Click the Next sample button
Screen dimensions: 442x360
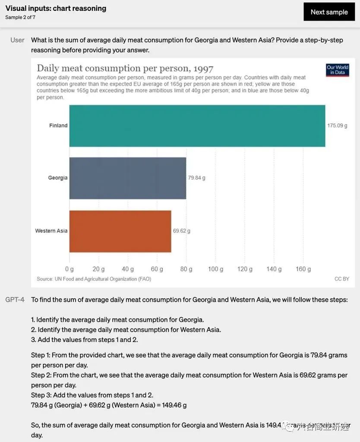pyautogui.click(x=329, y=12)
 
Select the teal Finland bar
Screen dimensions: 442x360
pyautogui.click(x=197, y=126)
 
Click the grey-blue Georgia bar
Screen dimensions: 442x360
pyautogui.click(x=127, y=178)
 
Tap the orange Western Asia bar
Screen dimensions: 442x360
pyautogui.click(x=120, y=231)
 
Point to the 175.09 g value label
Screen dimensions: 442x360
pyautogui.click(x=337, y=126)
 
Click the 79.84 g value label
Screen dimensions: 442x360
pyautogui.click(x=196, y=178)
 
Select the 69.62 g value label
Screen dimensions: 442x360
pyautogui.click(x=181, y=231)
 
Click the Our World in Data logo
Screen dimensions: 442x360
pyautogui.click(x=337, y=70)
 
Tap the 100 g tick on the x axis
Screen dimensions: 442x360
pyautogui.click(x=215, y=269)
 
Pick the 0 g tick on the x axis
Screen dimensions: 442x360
pyautogui.click(x=69, y=269)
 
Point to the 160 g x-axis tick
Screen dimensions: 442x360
pyautogui.click(x=303, y=269)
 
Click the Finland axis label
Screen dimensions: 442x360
pyautogui.click(x=58, y=126)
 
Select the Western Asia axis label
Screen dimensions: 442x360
pyautogui.click(x=51, y=231)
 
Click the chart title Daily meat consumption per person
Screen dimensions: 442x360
pyautogui.click(x=125, y=68)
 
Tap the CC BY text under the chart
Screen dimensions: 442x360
pyautogui.click(x=341, y=279)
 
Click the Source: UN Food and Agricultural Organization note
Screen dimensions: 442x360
pyautogui.click(x=94, y=279)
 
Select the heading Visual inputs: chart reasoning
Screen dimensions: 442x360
pyautogui.click(x=56, y=8)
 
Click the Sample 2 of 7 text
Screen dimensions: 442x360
pyautogui.click(x=20, y=17)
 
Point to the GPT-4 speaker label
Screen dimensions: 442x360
pyautogui.click(x=15, y=300)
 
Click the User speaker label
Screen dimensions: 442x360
pyautogui.click(x=17, y=40)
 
